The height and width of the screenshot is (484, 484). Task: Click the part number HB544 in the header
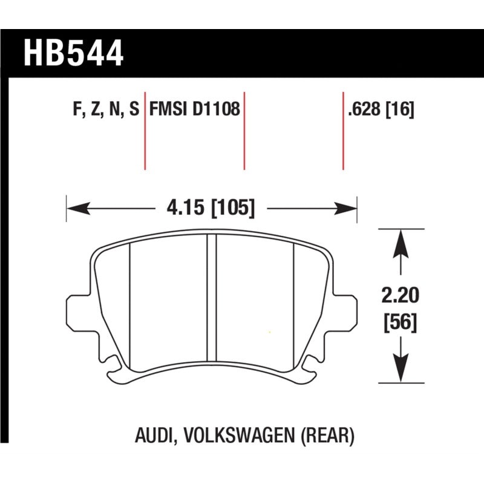[73, 53]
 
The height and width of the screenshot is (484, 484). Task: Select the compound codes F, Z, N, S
[105, 110]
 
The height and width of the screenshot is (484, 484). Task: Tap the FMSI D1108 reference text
[195, 110]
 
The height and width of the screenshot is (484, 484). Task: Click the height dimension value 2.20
[399, 296]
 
